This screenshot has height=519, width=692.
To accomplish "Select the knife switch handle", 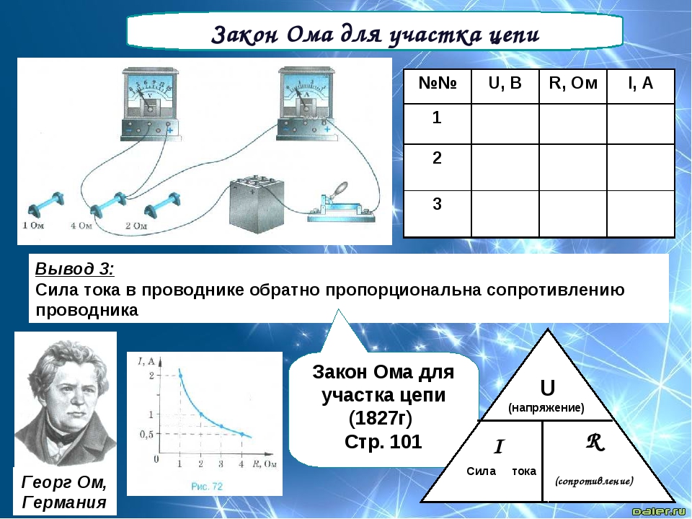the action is (338, 190).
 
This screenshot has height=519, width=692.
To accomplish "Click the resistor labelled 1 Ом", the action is (46, 205).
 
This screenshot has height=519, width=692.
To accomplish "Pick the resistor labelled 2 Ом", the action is (162, 205).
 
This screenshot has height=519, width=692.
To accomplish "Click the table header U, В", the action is (505, 83).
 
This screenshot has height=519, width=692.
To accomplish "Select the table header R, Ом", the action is (573, 83).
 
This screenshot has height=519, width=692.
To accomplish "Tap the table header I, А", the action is (640, 83).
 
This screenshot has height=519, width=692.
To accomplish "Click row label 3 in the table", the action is (437, 204).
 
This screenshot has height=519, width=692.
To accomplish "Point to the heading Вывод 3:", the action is (74, 269).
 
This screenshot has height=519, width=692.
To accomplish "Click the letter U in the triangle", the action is (547, 389).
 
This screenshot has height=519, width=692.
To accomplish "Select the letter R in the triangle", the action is (595, 442).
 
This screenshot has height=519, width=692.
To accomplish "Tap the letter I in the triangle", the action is (499, 447).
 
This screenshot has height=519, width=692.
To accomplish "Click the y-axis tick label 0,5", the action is (146, 434).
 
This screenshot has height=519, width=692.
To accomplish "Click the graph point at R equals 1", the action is (180, 376).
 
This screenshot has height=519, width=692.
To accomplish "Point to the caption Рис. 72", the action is (207, 487).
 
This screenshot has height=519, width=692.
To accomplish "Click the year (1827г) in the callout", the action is (381, 418).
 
